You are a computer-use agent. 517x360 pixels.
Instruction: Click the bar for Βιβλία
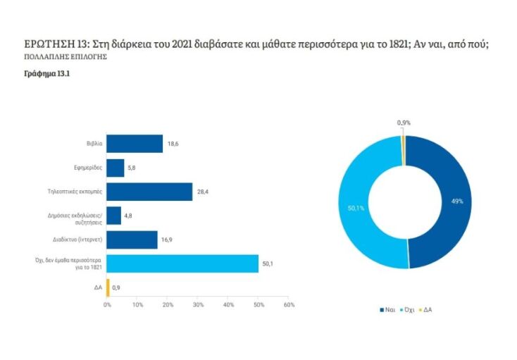tap(135, 144)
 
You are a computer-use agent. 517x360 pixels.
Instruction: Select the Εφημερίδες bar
tap(116, 168)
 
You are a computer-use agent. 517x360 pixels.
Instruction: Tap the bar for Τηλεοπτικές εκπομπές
tap(149, 192)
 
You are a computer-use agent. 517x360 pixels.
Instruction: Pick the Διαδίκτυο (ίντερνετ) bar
tap(132, 240)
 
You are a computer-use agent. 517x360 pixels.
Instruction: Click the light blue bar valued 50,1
tap(182, 263)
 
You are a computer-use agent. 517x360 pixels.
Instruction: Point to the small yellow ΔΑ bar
tap(108, 287)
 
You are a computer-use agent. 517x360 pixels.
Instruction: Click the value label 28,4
tap(203, 192)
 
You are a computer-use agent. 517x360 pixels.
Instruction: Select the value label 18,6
tap(173, 144)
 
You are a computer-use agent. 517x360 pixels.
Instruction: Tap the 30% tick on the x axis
tap(198, 304)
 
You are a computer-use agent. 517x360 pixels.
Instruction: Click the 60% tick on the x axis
tap(289, 304)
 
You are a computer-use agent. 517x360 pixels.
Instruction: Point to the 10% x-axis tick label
tap(137, 304)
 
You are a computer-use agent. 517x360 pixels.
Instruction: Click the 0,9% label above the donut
tap(404, 123)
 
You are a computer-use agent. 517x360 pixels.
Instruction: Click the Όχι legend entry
tap(408, 309)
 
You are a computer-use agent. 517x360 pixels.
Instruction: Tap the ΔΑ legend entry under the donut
tap(426, 309)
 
